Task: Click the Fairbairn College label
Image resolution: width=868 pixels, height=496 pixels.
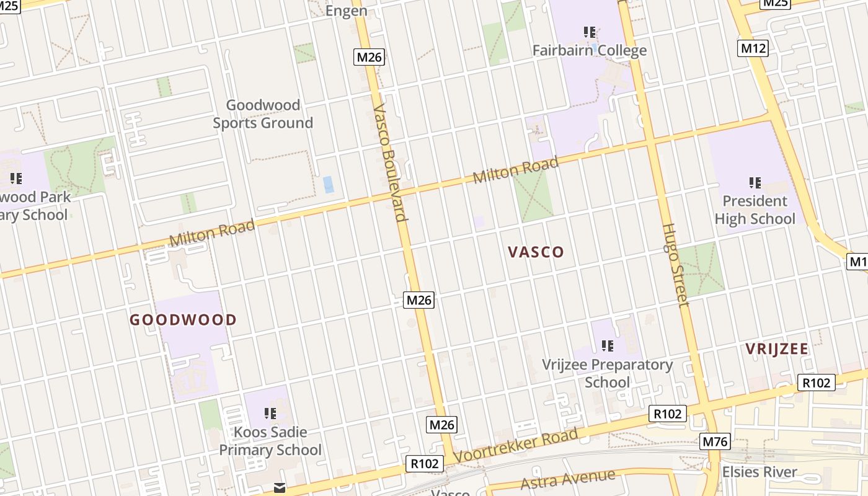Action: [x=590, y=50]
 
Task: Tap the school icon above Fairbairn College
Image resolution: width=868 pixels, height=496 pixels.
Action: [x=590, y=31]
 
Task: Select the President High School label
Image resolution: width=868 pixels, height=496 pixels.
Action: [x=755, y=210]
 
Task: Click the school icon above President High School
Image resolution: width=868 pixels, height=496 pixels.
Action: [x=755, y=182]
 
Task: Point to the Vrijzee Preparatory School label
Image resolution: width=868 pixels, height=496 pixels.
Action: [x=607, y=373]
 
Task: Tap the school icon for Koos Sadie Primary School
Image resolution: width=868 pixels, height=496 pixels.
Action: [x=270, y=412]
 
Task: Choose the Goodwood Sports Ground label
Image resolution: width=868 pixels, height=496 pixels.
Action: [x=263, y=114]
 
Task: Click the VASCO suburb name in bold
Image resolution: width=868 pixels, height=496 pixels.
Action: [x=536, y=252]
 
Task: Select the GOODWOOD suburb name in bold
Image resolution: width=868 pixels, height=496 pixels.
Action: [x=183, y=320]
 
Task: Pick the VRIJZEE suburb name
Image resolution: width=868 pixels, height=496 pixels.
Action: [x=777, y=348]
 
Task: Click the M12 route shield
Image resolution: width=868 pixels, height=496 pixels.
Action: [x=753, y=48]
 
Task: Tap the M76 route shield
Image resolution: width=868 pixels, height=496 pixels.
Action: [x=715, y=441]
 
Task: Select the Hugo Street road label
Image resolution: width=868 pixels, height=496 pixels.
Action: [x=675, y=265]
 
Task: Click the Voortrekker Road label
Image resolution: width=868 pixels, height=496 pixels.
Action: [x=516, y=445]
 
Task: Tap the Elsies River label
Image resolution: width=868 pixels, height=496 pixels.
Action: [x=759, y=472]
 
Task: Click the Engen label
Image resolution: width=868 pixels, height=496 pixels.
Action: [x=346, y=11]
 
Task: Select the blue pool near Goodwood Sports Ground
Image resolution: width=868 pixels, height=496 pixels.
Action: [x=328, y=184]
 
